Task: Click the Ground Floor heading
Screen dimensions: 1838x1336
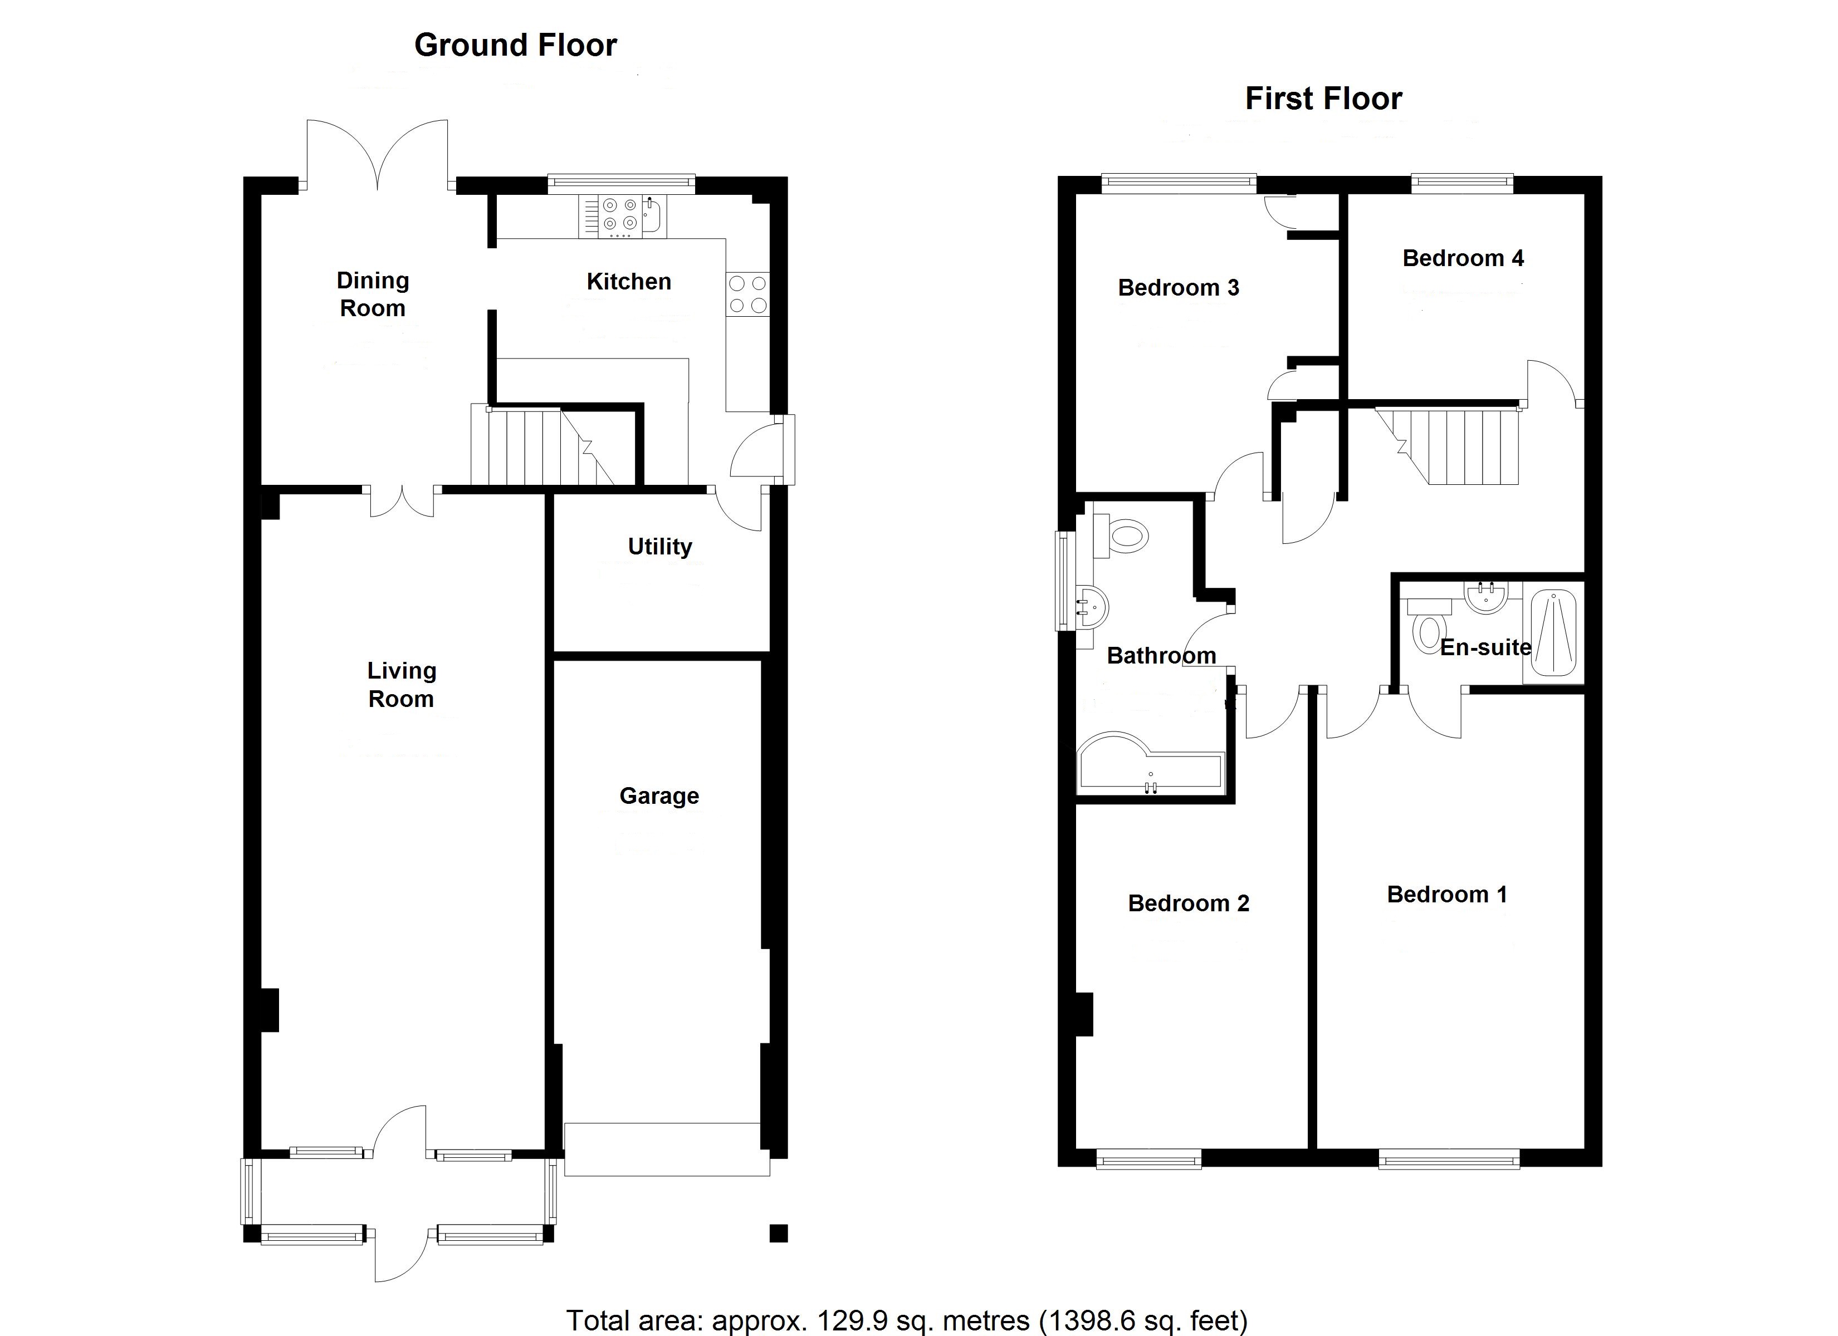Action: click(x=515, y=46)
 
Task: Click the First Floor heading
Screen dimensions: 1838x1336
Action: click(x=1323, y=99)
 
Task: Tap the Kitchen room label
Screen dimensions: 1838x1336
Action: click(x=629, y=281)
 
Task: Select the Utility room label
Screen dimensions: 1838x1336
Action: click(x=659, y=546)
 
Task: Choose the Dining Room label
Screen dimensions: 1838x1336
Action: click(x=373, y=294)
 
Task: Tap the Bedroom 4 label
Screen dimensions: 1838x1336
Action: click(x=1463, y=258)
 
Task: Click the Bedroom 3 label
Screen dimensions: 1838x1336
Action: click(x=1179, y=288)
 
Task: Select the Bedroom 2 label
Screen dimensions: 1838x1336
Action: click(x=1188, y=903)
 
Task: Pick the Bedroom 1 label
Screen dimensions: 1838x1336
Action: click(x=1446, y=895)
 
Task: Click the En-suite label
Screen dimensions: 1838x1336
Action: click(x=1485, y=647)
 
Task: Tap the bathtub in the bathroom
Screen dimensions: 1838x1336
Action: click(x=1149, y=765)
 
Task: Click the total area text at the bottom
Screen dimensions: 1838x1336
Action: click(x=906, y=1320)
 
